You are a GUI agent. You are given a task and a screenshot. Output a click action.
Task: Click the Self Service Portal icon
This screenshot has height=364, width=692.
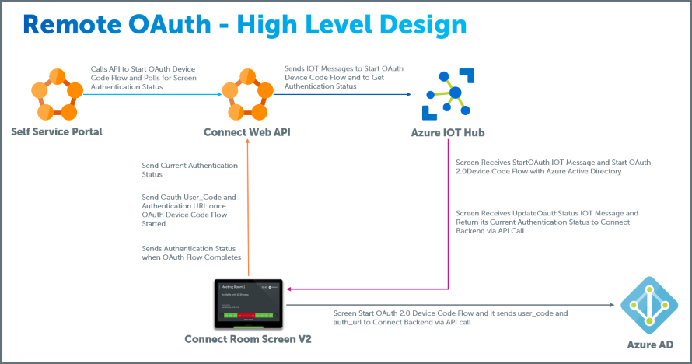tap(57, 93)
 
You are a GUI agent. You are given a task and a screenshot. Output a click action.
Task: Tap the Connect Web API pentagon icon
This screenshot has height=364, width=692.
tap(247, 93)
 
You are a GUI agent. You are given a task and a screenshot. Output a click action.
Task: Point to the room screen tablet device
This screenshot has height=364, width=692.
tap(248, 304)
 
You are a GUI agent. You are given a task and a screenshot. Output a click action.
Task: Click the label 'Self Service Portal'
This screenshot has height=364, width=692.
tap(57, 131)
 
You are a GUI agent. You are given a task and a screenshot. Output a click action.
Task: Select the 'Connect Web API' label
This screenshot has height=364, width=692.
tap(247, 132)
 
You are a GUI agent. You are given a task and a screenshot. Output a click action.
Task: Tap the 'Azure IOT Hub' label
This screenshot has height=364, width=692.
tap(447, 132)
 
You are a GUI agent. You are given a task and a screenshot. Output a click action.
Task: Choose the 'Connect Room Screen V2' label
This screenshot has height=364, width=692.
tap(247, 339)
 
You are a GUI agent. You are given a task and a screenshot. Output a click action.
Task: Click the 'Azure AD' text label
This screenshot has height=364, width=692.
tap(648, 344)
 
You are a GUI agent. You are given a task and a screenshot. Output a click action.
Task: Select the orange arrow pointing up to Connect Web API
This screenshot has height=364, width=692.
tap(247, 210)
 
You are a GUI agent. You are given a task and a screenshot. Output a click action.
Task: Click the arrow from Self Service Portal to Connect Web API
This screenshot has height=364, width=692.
tap(152, 95)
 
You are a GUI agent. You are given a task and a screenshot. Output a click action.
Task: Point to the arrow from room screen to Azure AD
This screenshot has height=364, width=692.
tap(451, 306)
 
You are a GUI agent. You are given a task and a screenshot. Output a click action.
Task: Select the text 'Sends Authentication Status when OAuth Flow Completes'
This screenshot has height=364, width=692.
tap(190, 252)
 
